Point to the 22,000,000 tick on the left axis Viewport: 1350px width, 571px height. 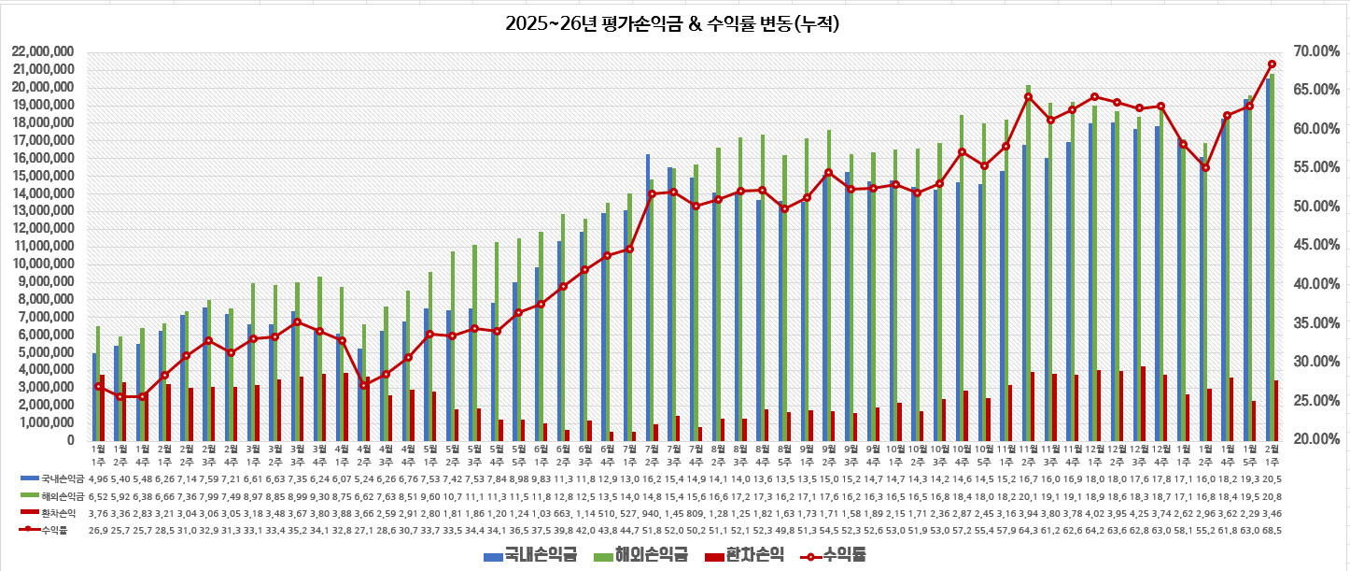[x=43, y=51]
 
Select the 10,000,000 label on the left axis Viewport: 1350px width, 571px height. [x=43, y=264]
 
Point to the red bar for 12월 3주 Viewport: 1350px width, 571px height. [x=1144, y=403]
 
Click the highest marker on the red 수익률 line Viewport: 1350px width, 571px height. [x=1272, y=64]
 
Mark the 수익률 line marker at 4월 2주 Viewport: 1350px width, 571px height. [x=364, y=385]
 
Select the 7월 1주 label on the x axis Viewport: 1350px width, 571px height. [x=629, y=453]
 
